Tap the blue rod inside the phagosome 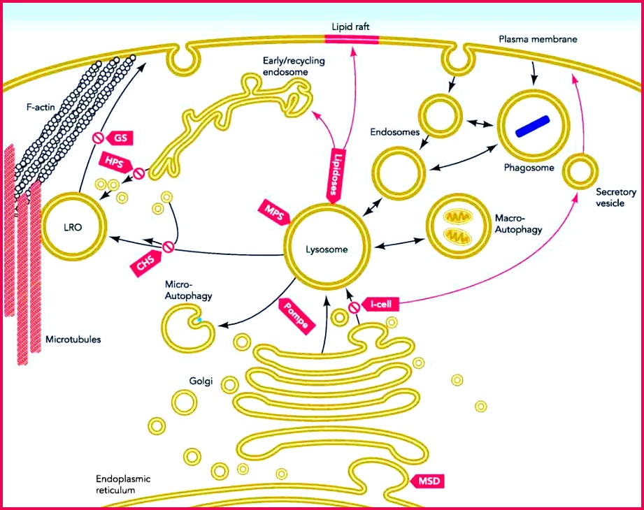(x=534, y=124)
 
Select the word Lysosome (x=325, y=248)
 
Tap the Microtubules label (x=73, y=340)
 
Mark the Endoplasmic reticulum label (x=123, y=484)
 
